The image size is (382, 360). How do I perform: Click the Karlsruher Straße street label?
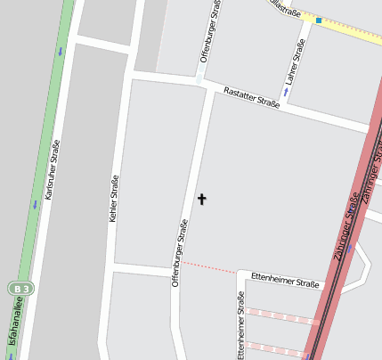point(53,168)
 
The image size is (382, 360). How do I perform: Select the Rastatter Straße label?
point(251,98)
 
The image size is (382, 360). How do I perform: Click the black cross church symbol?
point(201,199)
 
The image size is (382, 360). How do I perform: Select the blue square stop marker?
point(319,20)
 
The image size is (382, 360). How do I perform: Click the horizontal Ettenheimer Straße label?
point(284,281)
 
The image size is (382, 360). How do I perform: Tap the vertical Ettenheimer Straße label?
point(240,324)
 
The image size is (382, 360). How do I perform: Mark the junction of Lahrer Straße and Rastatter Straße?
point(284,103)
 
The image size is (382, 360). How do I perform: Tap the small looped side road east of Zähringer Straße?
point(358,272)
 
